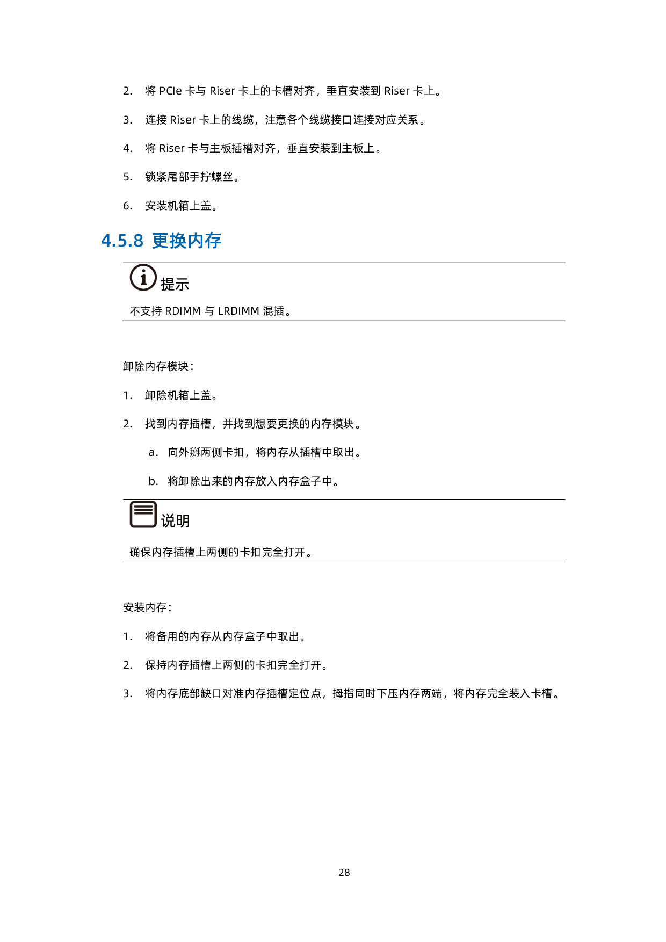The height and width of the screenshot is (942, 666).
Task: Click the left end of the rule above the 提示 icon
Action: coord(123,263)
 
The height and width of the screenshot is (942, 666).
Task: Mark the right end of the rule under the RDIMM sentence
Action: coord(565,321)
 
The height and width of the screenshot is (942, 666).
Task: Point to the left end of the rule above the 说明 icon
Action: coord(123,499)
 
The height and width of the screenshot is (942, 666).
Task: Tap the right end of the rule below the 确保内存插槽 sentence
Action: coord(565,562)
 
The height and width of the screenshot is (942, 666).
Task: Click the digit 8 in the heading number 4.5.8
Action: coord(138,241)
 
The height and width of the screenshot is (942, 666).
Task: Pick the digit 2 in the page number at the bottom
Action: coord(341,873)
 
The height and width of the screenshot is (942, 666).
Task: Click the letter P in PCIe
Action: coord(162,91)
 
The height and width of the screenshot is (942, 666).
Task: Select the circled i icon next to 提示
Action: coord(143,278)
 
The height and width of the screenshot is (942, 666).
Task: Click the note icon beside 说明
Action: coord(143,515)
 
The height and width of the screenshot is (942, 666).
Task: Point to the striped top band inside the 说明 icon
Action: coord(143,508)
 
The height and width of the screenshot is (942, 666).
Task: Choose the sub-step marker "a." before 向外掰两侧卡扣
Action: coord(154,453)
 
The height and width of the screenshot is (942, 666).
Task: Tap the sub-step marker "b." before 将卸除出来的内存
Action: coord(154,481)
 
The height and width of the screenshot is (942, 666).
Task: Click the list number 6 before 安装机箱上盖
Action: coord(128,206)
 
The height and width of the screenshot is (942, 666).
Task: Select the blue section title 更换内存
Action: coord(187,241)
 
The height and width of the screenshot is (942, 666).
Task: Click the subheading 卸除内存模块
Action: coord(156,366)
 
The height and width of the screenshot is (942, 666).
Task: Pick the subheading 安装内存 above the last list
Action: coord(145,607)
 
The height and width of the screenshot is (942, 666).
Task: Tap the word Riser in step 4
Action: coord(172,148)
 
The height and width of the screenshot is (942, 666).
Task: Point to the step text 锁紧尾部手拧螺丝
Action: coord(189,177)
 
